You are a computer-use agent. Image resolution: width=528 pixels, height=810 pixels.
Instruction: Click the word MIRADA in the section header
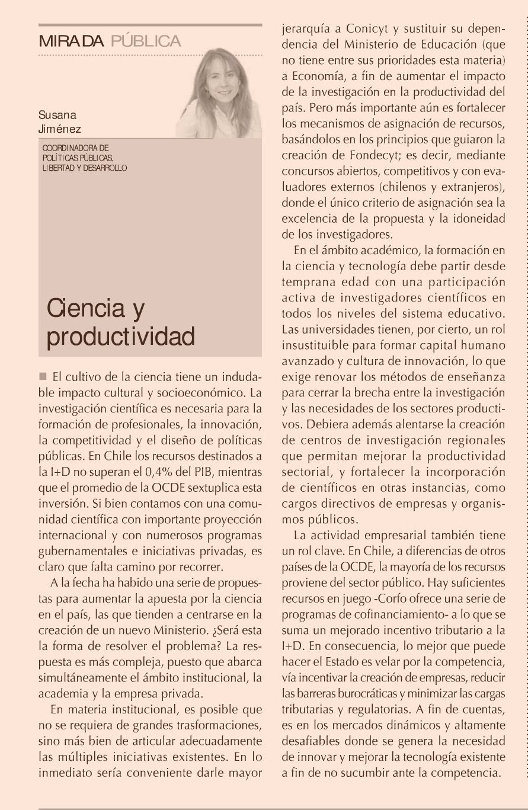pos(71,41)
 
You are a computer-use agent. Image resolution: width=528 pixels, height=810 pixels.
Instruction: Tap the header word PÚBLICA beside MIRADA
pos(146,41)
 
